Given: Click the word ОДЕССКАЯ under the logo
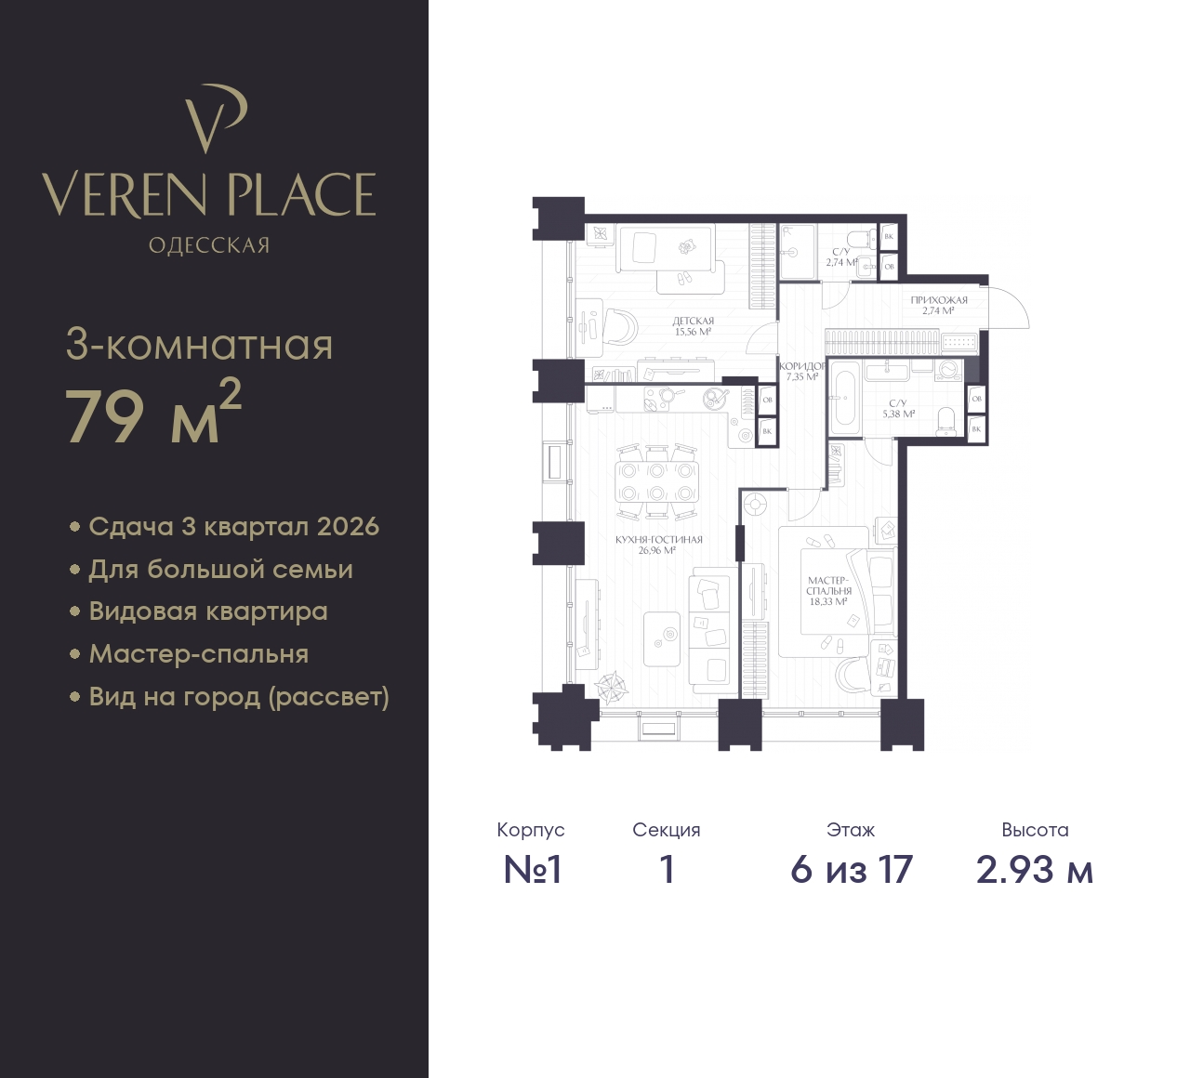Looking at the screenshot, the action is pos(209,245).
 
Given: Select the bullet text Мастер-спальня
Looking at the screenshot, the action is pos(199,654).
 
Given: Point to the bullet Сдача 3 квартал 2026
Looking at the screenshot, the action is pos(233,526).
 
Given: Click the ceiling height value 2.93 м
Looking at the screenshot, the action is pos(1035,870).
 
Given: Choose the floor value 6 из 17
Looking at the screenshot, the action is pos(852,870).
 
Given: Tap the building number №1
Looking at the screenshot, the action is pos(532,870).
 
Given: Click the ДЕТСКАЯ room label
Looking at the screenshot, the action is pos(693,321).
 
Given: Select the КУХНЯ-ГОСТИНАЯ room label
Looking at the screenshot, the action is pos(658,540).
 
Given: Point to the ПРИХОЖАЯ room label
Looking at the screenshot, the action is pos(939,300).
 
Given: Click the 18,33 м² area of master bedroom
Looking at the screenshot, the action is pos(828,601).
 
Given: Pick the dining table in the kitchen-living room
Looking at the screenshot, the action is pos(656,481).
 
